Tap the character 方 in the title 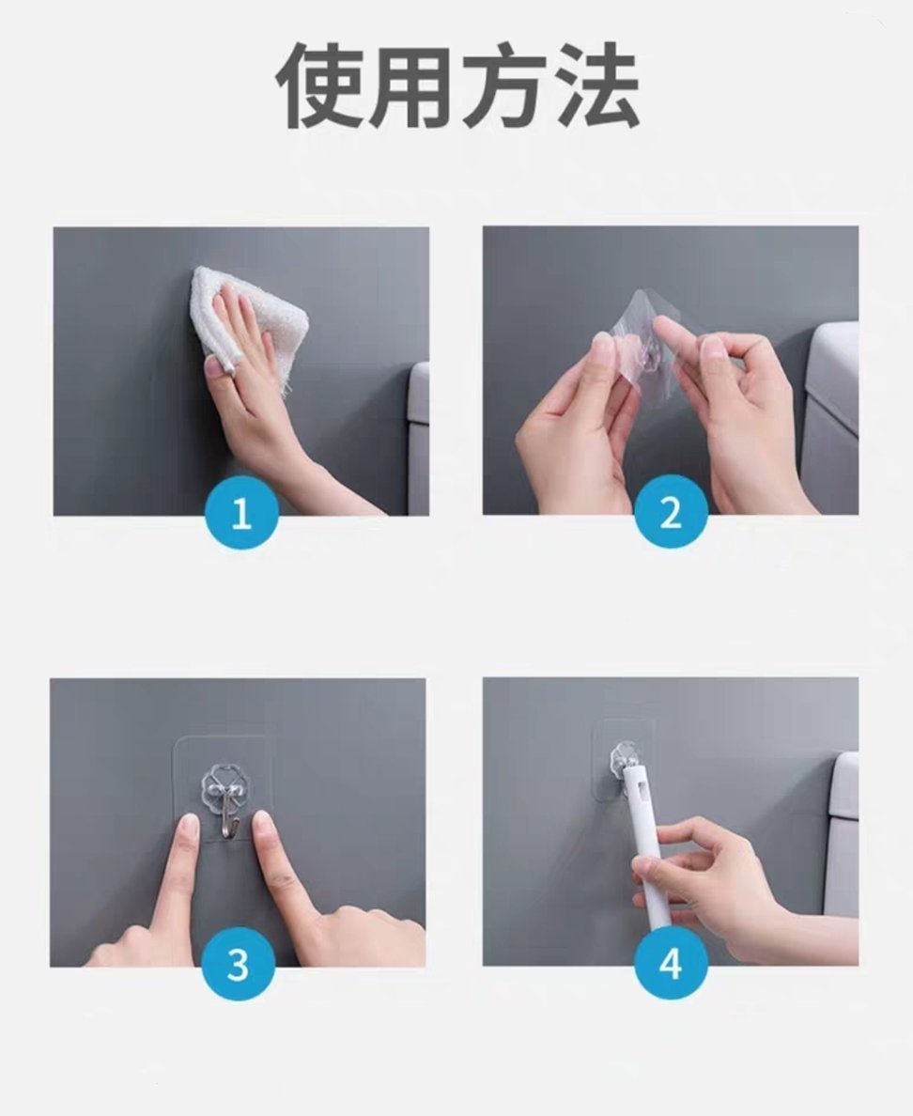503,86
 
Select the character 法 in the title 597,86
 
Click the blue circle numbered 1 241,514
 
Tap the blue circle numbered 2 670,514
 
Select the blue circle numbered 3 238,965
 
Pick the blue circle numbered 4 670,965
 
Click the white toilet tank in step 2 830,413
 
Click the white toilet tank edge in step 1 418,432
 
